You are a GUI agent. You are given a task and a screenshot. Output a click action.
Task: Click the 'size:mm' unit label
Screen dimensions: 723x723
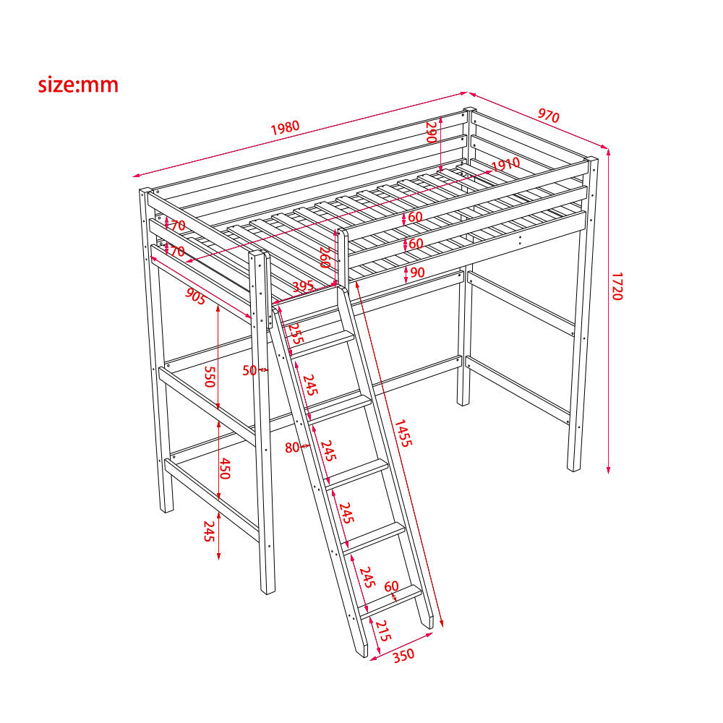[x=78, y=85]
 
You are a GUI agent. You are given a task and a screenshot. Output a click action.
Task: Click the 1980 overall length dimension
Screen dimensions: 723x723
[x=285, y=127]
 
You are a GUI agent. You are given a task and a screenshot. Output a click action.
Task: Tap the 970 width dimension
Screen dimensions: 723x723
[x=548, y=115]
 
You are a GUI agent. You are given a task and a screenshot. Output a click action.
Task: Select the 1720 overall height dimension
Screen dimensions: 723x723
[x=617, y=286]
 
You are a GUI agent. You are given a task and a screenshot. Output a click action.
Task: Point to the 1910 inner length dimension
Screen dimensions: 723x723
[x=506, y=165]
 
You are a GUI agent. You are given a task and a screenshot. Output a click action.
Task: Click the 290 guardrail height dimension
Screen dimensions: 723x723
[x=431, y=132]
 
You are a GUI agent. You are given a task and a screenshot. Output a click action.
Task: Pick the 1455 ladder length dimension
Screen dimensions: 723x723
[x=402, y=433]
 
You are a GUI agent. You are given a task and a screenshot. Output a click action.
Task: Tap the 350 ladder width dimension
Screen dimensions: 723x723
[x=404, y=655]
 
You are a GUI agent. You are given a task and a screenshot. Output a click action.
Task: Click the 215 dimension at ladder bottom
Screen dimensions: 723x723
[x=382, y=630]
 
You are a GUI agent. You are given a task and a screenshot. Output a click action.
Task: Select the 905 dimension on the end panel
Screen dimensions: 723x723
[x=195, y=296]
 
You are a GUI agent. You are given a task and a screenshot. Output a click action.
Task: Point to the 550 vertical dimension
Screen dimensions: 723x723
[x=210, y=376]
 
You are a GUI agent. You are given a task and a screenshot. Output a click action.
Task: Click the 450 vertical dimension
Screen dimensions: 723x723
[x=224, y=469]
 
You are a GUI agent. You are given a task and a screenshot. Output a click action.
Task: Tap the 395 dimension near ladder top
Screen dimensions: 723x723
[x=304, y=286]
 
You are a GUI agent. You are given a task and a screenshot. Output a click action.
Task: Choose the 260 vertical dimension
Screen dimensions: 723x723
[x=325, y=257]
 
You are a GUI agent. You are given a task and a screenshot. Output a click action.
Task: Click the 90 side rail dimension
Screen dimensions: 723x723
[x=417, y=272]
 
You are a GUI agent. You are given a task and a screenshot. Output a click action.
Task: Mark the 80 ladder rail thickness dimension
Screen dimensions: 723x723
[x=292, y=448]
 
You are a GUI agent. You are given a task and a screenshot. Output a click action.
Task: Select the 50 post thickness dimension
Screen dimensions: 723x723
[x=249, y=370]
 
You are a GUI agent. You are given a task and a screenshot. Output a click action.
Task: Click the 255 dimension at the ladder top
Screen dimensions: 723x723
[x=295, y=333]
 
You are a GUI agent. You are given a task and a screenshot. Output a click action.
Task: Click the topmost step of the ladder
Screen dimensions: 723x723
[x=322, y=343]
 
